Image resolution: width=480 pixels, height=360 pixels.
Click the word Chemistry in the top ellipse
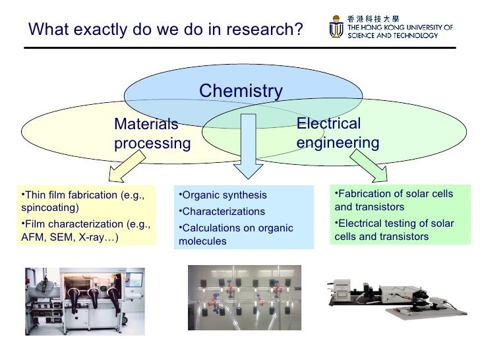pos(241,91)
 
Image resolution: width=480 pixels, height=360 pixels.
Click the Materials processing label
pos(152,134)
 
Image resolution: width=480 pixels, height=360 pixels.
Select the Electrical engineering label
pos(338,133)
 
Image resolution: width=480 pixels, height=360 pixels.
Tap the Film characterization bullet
pos(85,231)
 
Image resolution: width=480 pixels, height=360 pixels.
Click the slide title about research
pos(165,30)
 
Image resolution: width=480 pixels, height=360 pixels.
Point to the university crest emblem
pos(336,28)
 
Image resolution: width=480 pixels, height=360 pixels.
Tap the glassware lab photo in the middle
pos(245,297)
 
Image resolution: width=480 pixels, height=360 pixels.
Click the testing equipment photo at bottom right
pos(400,297)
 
